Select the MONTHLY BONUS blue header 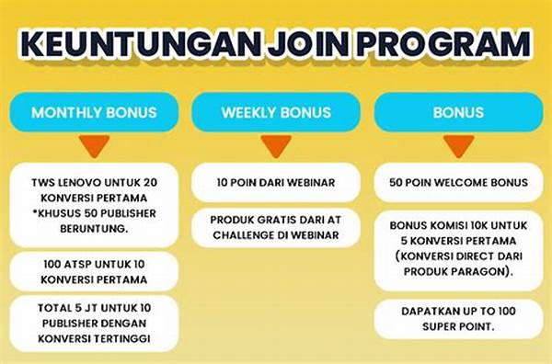[94, 113]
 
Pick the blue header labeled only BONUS [458, 113]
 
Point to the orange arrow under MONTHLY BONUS [94, 145]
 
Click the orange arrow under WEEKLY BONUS [275, 145]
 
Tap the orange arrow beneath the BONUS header [458, 145]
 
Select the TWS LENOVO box [95, 202]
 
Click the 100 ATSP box [95, 271]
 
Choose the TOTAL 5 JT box [95, 324]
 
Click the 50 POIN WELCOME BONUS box [458, 182]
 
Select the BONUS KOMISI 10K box [458, 247]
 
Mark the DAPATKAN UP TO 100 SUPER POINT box [458, 317]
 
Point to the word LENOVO [88, 182]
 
